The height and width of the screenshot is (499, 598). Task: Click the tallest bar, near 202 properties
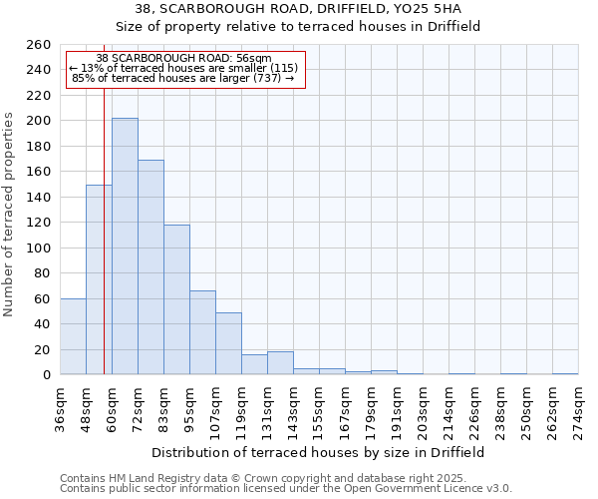pyautogui.click(x=125, y=247)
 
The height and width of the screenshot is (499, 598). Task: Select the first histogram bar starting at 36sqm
pyautogui.click(x=73, y=336)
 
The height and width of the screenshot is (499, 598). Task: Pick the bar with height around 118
pyautogui.click(x=176, y=299)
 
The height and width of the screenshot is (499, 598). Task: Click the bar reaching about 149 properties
pyautogui.click(x=99, y=279)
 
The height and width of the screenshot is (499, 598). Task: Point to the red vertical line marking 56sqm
pyautogui.click(x=104, y=230)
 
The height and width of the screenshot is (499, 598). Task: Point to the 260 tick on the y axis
pyautogui.click(x=39, y=45)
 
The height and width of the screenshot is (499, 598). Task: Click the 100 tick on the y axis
pyautogui.click(x=39, y=248)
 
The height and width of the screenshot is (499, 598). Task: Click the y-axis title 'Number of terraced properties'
pyautogui.click(x=10, y=215)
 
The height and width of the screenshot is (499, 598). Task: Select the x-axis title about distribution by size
pyautogui.click(x=318, y=452)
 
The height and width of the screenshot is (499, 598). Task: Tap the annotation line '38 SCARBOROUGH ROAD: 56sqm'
pyautogui.click(x=184, y=58)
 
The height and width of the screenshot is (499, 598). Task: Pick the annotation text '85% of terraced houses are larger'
pyautogui.click(x=159, y=78)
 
